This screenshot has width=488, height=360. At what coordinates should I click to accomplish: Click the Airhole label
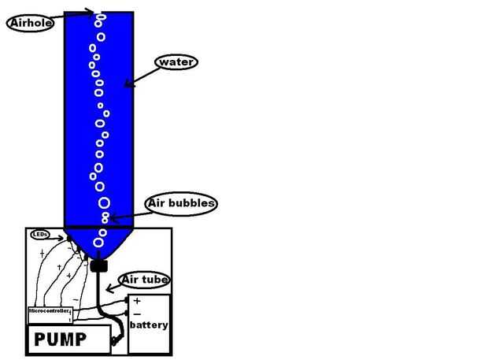[30, 23]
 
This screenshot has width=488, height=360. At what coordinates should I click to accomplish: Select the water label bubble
[176, 61]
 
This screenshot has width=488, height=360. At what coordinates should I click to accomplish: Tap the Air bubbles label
[181, 204]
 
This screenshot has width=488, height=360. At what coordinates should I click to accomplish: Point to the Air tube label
[144, 280]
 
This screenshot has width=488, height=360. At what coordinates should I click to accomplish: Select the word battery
[149, 325]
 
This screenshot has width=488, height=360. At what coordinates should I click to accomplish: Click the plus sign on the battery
[137, 302]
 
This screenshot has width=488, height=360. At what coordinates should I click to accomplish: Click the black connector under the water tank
[98, 265]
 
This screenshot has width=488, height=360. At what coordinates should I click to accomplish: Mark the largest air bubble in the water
[104, 202]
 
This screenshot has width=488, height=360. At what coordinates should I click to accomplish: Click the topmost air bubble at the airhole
[99, 16]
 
